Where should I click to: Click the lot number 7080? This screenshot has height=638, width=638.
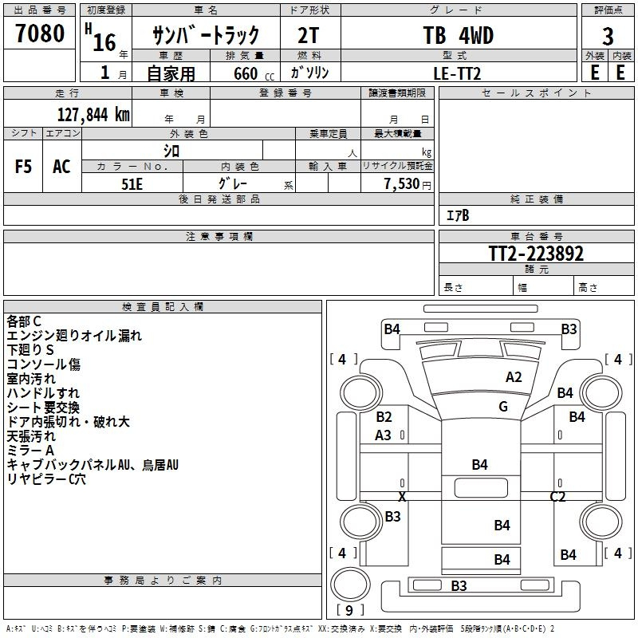point(40,33)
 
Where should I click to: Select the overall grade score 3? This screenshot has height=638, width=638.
point(608,37)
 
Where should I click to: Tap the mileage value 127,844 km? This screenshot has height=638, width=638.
point(93,114)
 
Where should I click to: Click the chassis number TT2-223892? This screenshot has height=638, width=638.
point(536,254)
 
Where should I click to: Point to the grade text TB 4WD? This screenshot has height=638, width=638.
point(458,36)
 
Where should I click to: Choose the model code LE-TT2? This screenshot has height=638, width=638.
point(458,72)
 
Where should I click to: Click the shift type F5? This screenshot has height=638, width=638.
point(24,167)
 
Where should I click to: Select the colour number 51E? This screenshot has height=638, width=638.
point(132,183)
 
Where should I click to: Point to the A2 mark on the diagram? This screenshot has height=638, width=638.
point(514,377)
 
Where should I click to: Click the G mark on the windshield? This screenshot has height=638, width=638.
point(503,407)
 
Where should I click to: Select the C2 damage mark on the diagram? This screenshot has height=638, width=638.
point(557,497)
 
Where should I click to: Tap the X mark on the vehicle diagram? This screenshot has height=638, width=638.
point(402,497)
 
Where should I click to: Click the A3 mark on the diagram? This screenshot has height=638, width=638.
point(384,435)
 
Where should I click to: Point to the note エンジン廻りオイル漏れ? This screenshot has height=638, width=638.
point(73,336)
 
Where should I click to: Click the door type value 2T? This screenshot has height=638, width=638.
point(310,36)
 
